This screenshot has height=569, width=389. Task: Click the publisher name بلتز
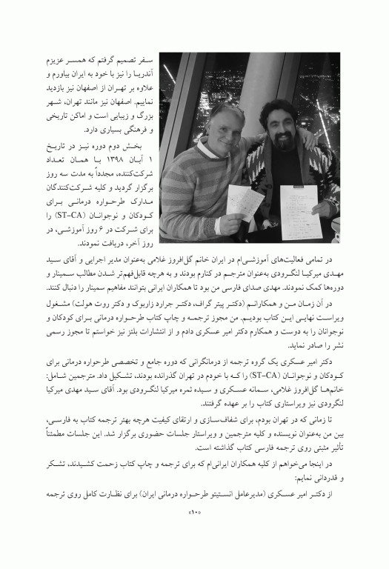[99, 327]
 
